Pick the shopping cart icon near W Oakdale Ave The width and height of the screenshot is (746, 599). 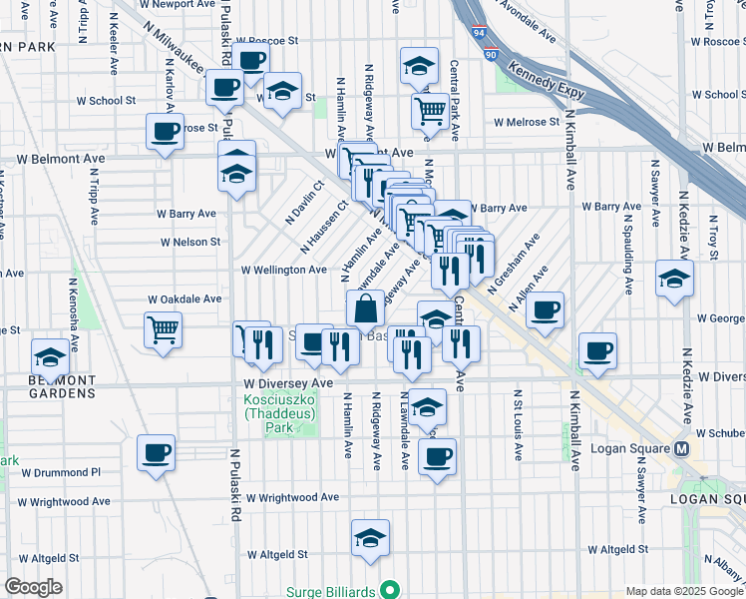[163, 328]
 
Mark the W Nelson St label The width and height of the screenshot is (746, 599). [189, 242]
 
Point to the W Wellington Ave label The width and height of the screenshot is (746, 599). [283, 270]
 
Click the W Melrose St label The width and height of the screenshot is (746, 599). [527, 122]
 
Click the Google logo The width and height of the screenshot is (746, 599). [33, 587]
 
